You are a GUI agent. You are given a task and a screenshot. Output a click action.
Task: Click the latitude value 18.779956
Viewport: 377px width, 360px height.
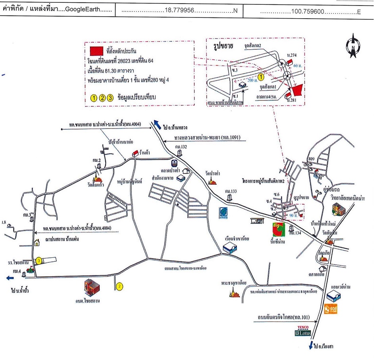[179, 11]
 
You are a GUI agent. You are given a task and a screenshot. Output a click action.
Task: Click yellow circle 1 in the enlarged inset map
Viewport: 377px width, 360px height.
[261, 77]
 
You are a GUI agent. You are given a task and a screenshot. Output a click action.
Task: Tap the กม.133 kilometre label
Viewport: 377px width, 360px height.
[230, 191]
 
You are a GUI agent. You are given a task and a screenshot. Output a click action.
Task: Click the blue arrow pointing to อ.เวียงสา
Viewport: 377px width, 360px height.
[311, 345]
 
